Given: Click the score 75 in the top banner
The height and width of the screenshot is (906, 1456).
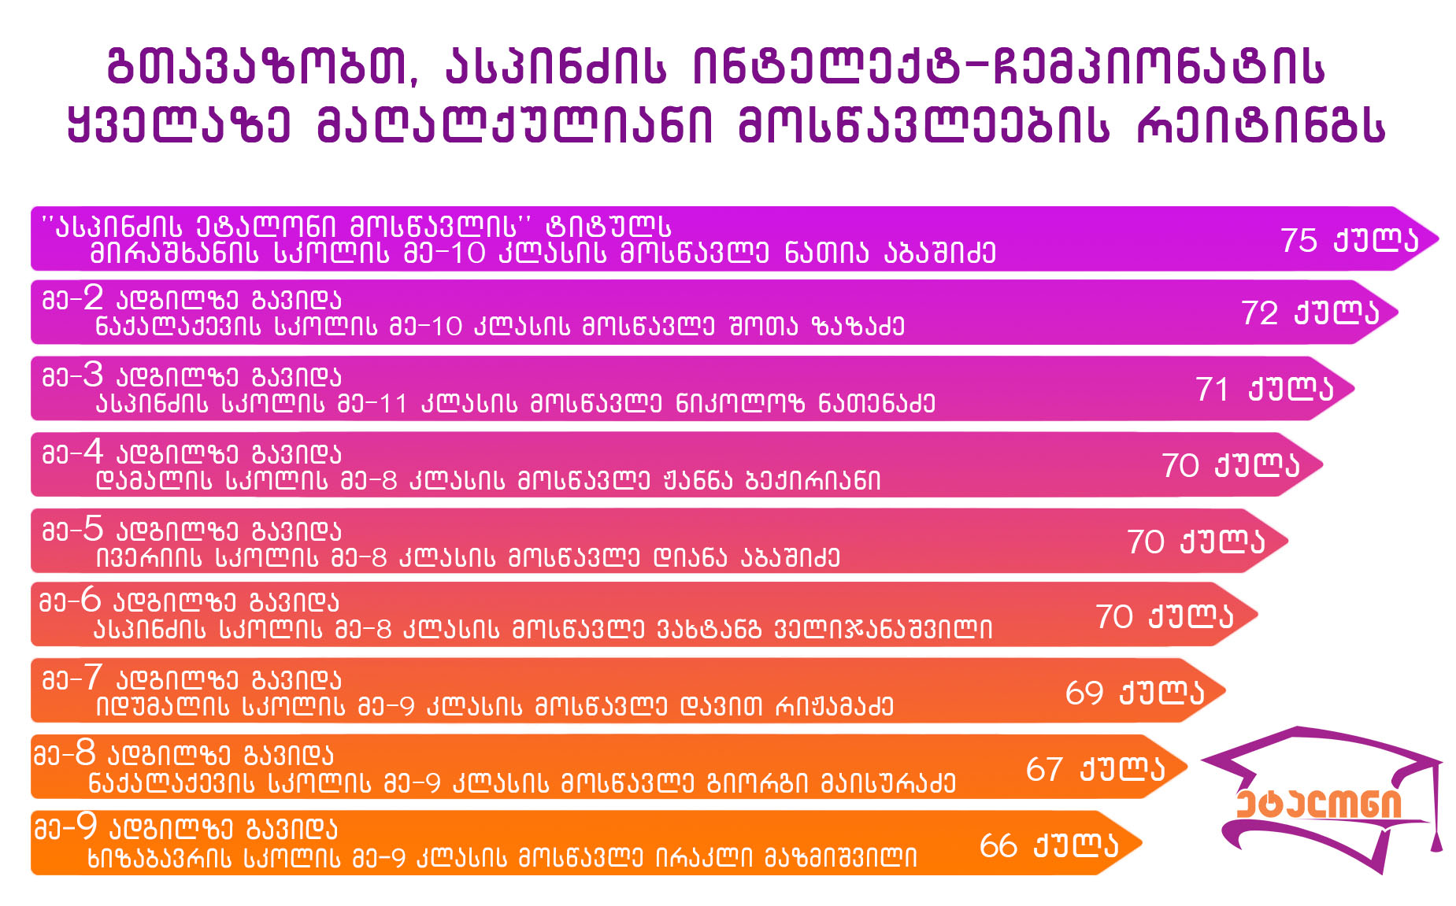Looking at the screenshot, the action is click(x=1299, y=240).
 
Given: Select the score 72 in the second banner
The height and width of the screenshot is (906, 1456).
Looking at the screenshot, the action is click(x=1260, y=313).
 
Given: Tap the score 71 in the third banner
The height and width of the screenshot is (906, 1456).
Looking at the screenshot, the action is click(x=1213, y=390).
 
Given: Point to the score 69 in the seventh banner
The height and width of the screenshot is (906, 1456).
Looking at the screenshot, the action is click(x=1084, y=693).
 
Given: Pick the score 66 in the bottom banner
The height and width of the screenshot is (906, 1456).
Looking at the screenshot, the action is click(x=998, y=846).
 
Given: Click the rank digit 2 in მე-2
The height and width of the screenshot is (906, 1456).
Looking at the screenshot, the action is click(x=94, y=298).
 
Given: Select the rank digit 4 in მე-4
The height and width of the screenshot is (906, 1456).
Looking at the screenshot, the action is click(x=94, y=452).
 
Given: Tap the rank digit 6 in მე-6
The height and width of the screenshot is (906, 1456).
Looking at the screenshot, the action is click(x=91, y=601).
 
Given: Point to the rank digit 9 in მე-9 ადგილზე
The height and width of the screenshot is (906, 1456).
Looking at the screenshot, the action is click(x=86, y=826).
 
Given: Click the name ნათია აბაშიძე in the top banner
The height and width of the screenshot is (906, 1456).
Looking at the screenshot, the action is click(x=891, y=253).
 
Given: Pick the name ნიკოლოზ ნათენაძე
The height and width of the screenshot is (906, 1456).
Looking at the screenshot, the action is click(x=806, y=403).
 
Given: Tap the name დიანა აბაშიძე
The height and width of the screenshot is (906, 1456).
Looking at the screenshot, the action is click(x=747, y=557).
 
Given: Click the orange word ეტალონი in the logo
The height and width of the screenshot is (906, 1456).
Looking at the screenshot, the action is click(x=1319, y=804).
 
